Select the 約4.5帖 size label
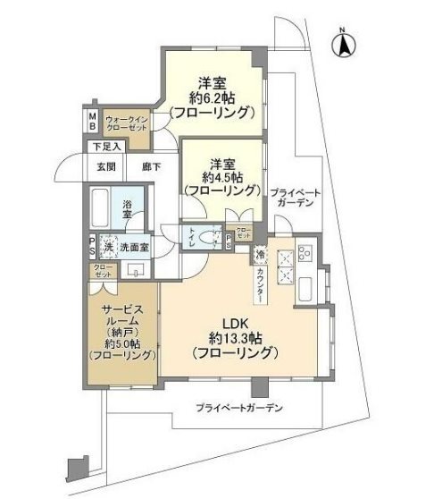click(x=222, y=176)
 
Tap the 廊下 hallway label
click(x=149, y=165)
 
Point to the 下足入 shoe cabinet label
click(x=106, y=146)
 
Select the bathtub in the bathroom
click(x=102, y=214)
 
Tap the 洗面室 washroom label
click(x=135, y=247)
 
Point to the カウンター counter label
click(x=259, y=284)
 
